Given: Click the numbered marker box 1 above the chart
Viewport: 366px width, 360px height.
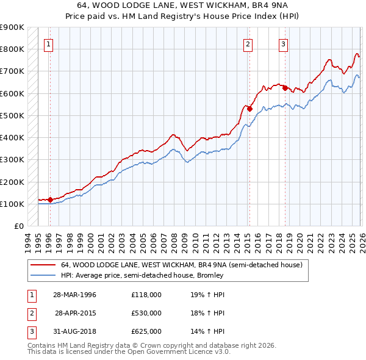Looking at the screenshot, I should coord(48,43).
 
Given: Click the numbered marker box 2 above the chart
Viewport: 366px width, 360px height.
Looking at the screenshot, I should coord(248,43).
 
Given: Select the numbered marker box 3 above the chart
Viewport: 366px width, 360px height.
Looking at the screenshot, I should coord(284,43).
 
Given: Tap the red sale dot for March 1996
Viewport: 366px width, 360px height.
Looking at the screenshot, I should coord(50,200).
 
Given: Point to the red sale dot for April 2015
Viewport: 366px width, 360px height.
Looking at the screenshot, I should coord(249,109).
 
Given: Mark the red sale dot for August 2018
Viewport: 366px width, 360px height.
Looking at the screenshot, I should coord(285,88).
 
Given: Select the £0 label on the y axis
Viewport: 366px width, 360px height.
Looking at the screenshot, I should coord(18,226).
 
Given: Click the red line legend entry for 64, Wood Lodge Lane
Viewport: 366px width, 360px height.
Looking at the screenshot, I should coord(181,265).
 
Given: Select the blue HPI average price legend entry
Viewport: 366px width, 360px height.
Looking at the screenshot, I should coord(142,275).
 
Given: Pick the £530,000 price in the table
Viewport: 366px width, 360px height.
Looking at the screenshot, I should coord(146,313).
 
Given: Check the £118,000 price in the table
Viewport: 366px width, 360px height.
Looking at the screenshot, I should coord(146,295).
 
